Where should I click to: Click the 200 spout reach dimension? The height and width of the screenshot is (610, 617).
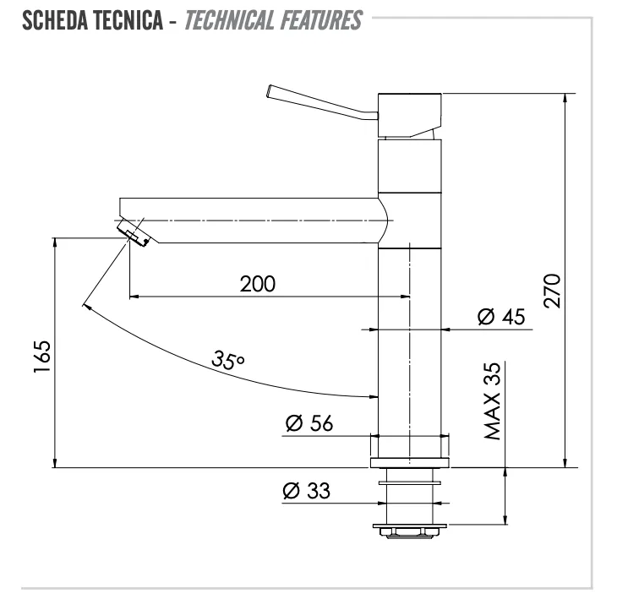258,284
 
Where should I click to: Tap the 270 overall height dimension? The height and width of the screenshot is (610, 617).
552,291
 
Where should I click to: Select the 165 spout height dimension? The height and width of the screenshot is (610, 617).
42,357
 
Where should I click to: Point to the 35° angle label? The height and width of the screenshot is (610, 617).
228,360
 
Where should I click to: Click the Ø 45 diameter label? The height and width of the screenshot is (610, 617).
501,317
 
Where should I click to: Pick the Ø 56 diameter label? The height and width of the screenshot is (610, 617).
309,423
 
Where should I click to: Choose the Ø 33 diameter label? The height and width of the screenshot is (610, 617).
307,490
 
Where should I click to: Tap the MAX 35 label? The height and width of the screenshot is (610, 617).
492,400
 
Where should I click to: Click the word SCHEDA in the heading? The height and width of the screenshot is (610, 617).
55,20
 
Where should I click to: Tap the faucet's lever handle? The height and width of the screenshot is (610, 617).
322,102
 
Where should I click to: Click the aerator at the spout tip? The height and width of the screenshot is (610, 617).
134,233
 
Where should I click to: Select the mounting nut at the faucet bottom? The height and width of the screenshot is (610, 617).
410,531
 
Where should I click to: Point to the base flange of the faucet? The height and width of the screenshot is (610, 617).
410,463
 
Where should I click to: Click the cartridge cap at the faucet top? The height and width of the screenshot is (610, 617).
410,116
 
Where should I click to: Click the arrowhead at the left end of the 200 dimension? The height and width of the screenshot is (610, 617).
134,297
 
